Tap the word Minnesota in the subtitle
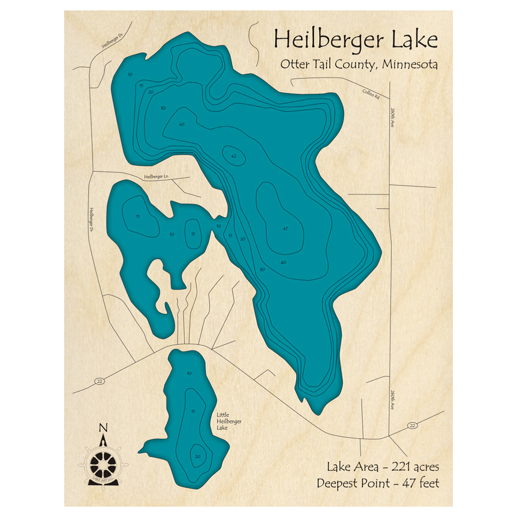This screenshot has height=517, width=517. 410,65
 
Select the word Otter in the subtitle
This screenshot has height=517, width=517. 294,65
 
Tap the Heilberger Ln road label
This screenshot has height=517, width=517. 157,177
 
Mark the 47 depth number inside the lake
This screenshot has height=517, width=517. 285,229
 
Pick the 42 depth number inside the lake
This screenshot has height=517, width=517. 234,156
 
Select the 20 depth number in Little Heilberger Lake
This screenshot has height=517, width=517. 197,456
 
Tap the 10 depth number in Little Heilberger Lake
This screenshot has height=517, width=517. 189,373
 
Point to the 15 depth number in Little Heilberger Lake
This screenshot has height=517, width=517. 193,412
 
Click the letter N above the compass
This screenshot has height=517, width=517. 103,428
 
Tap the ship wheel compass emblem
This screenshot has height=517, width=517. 103,461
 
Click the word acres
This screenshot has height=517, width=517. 425,467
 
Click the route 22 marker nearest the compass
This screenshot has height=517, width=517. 99,381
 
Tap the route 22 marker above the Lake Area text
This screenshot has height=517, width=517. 412,425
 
